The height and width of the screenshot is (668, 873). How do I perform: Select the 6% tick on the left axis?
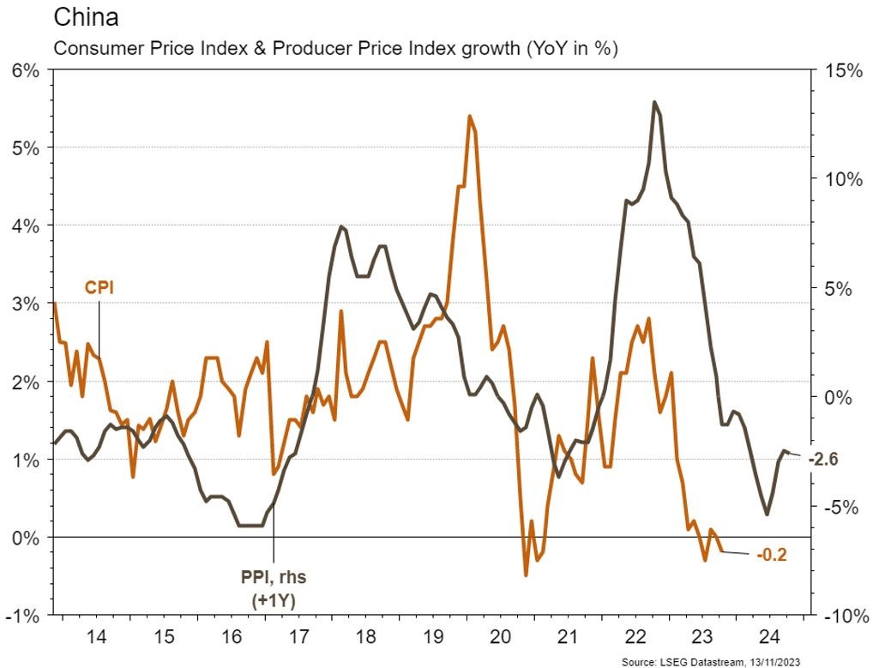(26, 70)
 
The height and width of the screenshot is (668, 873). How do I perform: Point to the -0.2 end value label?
(771, 554)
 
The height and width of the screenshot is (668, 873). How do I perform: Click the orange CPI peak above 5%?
(470, 116)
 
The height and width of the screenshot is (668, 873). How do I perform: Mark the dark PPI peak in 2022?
(654, 102)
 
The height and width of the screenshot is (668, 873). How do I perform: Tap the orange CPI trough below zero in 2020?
(526, 575)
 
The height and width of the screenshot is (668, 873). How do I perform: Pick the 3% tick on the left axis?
(26, 304)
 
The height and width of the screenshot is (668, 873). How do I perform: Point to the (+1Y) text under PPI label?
(274, 600)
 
